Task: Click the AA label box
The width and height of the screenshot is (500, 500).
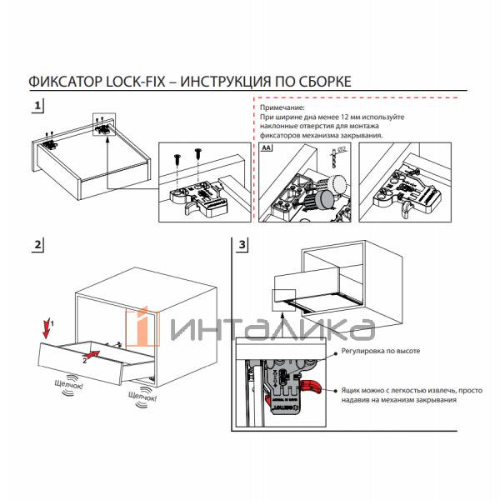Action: tap(267, 147)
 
